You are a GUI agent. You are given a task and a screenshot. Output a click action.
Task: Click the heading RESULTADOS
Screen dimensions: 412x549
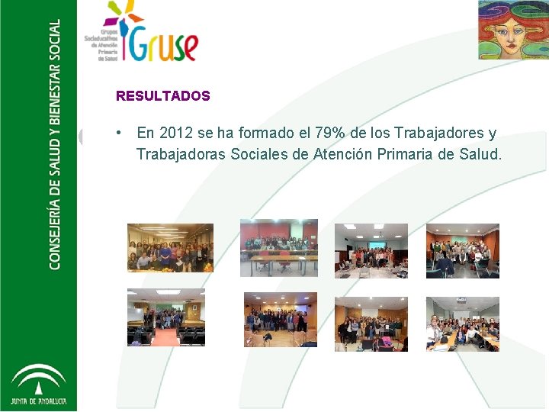pyautogui.click(x=162, y=96)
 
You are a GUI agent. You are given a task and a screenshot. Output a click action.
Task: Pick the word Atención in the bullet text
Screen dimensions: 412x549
pyautogui.click(x=345, y=155)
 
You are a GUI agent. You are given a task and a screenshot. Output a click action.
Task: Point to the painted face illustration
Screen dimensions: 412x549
pyautogui.click(x=512, y=30)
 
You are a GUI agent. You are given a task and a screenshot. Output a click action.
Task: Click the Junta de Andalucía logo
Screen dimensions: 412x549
pyautogui.click(x=38, y=385)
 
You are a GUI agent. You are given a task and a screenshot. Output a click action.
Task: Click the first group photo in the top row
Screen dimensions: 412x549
pyautogui.click(x=170, y=247)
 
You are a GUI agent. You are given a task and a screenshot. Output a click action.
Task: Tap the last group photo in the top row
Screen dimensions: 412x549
pyautogui.click(x=462, y=250)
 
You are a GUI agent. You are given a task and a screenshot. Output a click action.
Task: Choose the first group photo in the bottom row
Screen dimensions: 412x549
pyautogui.click(x=165, y=317)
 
